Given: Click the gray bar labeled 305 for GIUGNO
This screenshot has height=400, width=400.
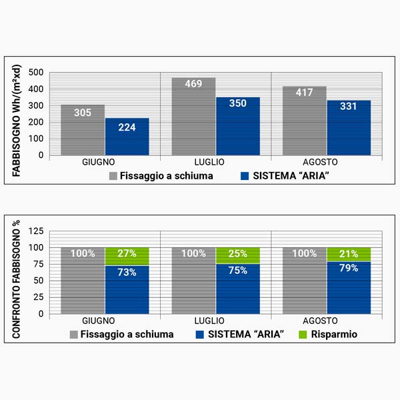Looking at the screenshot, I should (x=83, y=130).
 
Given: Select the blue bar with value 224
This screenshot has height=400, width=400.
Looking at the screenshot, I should (x=127, y=137).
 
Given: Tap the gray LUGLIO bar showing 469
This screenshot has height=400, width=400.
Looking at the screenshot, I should (x=194, y=117).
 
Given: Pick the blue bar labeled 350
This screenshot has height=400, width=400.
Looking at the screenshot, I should (x=238, y=127).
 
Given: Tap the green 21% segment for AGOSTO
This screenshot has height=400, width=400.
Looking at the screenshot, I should (x=349, y=254).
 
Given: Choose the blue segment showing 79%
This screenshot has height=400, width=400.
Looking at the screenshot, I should (x=349, y=287).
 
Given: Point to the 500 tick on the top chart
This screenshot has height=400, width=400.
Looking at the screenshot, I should (x=37, y=72).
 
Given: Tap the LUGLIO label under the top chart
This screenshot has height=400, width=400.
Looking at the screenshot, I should (x=216, y=162).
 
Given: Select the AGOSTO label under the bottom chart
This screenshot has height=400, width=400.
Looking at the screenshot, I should (x=327, y=320).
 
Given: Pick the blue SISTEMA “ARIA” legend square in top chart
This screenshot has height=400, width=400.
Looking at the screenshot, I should (x=245, y=176).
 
